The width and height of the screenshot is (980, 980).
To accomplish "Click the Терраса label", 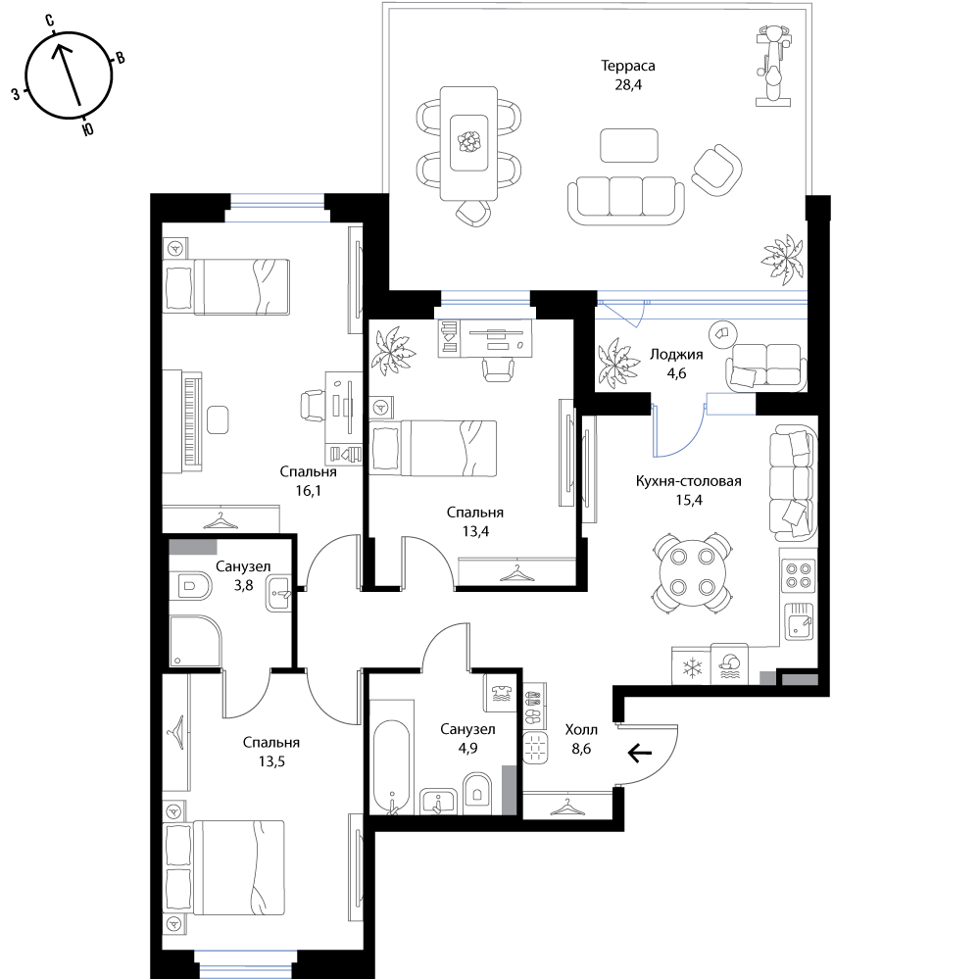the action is pos(628,66).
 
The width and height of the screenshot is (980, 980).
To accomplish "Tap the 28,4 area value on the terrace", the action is pos(628,84).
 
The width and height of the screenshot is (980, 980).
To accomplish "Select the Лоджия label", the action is pos(676,355).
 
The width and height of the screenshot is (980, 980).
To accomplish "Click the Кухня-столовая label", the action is pos(689,481).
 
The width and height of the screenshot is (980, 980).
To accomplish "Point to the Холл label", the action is pos(581,729).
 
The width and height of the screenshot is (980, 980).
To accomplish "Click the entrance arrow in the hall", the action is pos(639,754).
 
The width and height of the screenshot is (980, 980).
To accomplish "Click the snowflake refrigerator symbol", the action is pos(692,666).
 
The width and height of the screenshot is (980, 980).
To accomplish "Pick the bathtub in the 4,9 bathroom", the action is pos(392,767).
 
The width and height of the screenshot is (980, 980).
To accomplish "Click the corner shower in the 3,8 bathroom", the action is pos(194,641).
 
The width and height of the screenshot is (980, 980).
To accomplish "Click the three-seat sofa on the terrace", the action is pos(625,200).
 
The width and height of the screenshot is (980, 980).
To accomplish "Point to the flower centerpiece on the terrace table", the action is pos(468,142).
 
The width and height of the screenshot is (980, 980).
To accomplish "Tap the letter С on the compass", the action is pos(49,21).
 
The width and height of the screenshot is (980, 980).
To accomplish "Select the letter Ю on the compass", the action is pos(88,128).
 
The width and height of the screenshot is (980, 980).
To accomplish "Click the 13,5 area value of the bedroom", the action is pos(271,761).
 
